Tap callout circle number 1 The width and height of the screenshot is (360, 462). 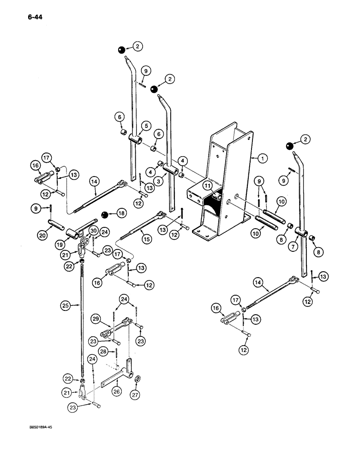click(x=262, y=158)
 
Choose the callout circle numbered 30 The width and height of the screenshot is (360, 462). click(x=93, y=230)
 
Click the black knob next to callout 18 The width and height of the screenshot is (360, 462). click(x=105, y=214)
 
